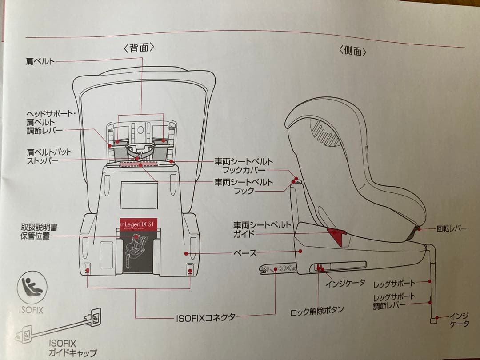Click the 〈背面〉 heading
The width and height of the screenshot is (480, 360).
coord(139,48)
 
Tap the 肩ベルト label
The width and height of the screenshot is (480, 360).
coord(40,61)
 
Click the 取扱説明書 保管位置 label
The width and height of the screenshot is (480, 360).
coord(39,232)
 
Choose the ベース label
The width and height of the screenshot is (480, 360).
coord(245,253)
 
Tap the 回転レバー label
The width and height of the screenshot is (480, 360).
coord(452,228)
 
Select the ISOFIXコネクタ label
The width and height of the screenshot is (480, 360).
coord(205,317)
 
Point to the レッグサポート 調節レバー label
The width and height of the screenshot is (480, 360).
coord(394,301)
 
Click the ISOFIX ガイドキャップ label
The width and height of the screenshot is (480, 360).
coord(73,348)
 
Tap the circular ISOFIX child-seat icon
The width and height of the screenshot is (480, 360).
coord(31,288)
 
